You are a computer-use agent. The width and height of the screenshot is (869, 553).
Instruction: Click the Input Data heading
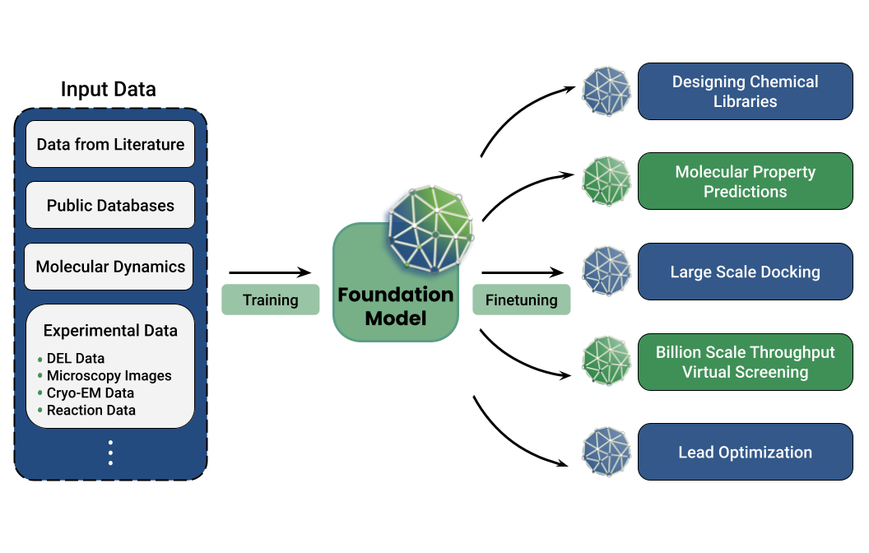click(108, 89)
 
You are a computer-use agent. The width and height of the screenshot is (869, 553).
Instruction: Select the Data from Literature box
click(110, 145)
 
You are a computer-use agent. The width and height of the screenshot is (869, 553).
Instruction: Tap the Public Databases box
click(110, 205)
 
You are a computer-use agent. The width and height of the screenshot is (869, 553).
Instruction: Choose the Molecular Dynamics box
click(110, 267)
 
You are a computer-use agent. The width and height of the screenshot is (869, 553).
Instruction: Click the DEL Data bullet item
click(75, 358)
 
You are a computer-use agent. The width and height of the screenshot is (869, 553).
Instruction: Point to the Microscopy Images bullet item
click(109, 375)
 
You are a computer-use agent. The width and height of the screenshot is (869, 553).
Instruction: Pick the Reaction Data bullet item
click(91, 410)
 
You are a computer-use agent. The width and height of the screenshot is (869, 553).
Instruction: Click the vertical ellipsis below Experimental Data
click(110, 453)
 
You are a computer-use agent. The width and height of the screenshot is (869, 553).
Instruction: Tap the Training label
click(270, 300)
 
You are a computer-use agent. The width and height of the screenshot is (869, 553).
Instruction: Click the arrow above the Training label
click(269, 272)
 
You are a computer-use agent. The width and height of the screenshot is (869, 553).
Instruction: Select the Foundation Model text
click(395, 306)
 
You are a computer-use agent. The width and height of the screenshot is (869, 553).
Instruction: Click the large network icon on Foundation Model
click(430, 228)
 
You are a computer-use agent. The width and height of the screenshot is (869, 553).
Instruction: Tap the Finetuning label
click(521, 300)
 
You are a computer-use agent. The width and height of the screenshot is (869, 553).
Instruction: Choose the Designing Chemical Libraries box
click(745, 91)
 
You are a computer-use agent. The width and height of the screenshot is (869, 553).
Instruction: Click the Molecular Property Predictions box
click(745, 181)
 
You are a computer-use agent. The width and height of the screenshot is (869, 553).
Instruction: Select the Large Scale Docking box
click(745, 272)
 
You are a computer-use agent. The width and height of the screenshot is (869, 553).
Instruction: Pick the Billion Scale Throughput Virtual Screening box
click(745, 362)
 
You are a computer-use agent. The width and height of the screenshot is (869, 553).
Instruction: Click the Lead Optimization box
click(745, 452)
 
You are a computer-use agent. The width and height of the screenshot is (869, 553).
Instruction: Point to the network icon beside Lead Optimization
click(607, 452)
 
